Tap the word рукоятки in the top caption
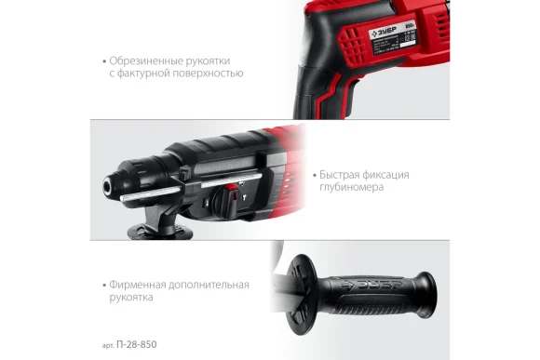coord(208,60)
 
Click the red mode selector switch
coord(226,199)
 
